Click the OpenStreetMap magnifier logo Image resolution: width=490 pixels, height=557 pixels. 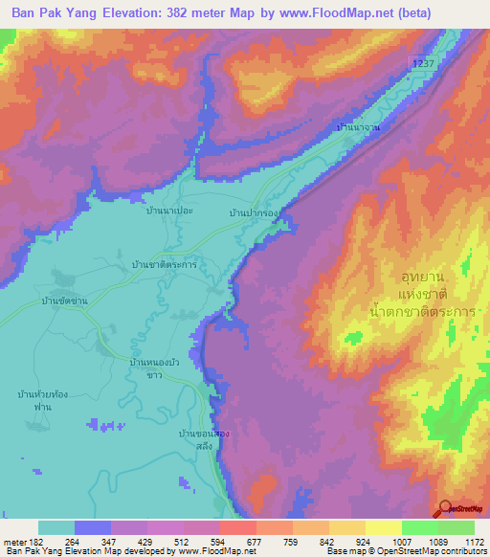coord(448,509)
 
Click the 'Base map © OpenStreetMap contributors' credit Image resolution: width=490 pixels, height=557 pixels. coord(406,551)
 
